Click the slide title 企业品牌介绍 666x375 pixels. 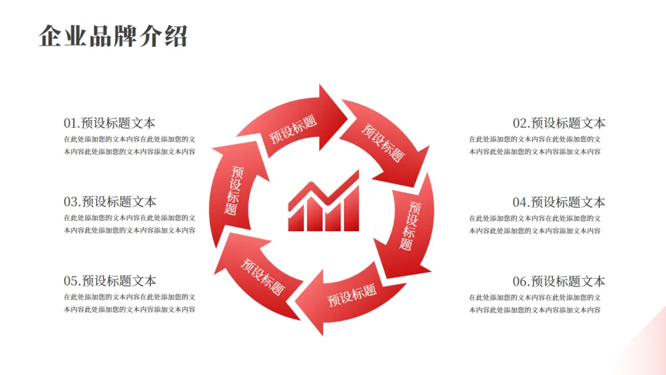(113, 36)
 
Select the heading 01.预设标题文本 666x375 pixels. (110, 123)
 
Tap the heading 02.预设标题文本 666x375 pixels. (559, 123)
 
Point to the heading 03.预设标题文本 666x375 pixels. (110, 202)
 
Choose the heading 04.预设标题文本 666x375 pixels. (559, 202)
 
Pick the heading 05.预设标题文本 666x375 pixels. (110, 281)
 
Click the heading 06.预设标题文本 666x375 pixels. (559, 281)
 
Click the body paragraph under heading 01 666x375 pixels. (129, 146)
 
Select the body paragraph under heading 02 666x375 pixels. (535, 146)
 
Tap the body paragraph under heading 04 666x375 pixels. (535, 225)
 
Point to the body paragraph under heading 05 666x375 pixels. (129, 303)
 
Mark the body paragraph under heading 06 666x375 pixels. (535, 303)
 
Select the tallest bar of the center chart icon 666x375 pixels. (351, 210)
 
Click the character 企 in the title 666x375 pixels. (51, 36)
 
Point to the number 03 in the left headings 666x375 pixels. (71, 202)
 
